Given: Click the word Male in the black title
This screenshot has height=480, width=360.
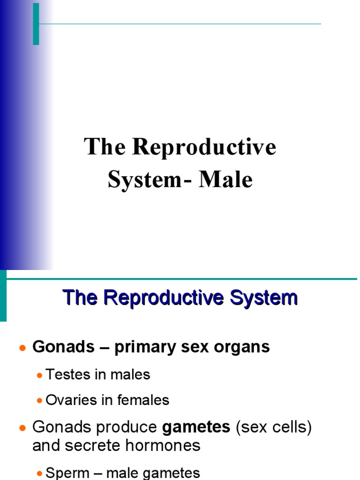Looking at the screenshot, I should (225, 180).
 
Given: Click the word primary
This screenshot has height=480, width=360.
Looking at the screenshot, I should (142, 347).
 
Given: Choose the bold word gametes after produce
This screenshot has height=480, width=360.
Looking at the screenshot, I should (196, 427).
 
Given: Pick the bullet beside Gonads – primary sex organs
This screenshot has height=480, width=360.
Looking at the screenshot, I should (22, 348).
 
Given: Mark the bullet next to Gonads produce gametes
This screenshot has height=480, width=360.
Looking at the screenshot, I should (22, 428).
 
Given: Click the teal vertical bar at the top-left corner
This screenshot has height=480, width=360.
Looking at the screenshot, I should (36, 23).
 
